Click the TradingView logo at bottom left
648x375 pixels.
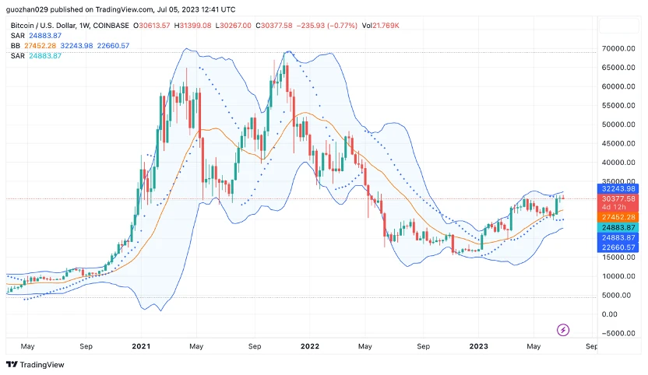click(x=35, y=364)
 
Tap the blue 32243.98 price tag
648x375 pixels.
click(x=619, y=188)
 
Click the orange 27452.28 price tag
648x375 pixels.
click(x=619, y=217)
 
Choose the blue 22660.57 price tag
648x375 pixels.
click(x=619, y=247)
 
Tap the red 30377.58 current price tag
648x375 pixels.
click(x=619, y=198)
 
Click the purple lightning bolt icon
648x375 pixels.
click(x=563, y=330)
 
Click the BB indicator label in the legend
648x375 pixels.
click(x=16, y=46)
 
